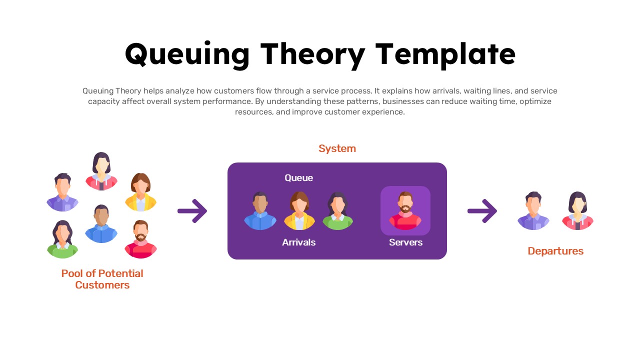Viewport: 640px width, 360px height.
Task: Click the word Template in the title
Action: tap(445, 54)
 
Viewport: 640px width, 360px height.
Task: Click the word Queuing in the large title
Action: tap(187, 54)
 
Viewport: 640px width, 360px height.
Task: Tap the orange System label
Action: tap(337, 148)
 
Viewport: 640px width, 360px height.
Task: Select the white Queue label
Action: tap(298, 178)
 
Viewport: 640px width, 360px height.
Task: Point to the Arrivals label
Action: tap(298, 242)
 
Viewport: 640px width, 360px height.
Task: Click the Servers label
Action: tap(405, 242)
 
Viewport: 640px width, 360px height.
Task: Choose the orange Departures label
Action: tap(555, 251)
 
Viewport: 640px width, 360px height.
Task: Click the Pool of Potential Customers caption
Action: tap(102, 279)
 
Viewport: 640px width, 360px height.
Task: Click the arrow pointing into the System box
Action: tap(192, 211)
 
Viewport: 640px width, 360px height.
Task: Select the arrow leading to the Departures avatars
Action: tap(482, 211)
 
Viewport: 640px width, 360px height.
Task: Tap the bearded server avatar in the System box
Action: tap(405, 210)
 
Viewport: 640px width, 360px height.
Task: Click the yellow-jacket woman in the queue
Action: tap(299, 210)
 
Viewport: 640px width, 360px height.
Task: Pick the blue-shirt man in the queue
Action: tap(260, 210)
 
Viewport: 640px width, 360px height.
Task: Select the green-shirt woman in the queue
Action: tap(338, 210)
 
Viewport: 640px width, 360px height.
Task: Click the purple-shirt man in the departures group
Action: tap(533, 210)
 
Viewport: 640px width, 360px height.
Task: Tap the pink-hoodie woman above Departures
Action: tap(577, 210)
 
